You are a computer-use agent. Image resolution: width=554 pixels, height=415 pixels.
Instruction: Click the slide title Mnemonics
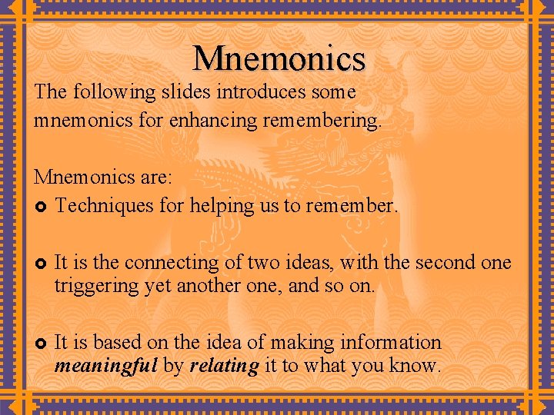coord(279,58)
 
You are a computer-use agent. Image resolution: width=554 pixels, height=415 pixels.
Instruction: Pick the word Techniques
coord(104,205)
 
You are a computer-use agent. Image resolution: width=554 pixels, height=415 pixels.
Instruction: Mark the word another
coord(211,287)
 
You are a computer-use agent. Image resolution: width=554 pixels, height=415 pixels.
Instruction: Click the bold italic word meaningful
coord(106,366)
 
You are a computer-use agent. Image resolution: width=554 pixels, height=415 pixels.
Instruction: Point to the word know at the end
coord(417,366)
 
